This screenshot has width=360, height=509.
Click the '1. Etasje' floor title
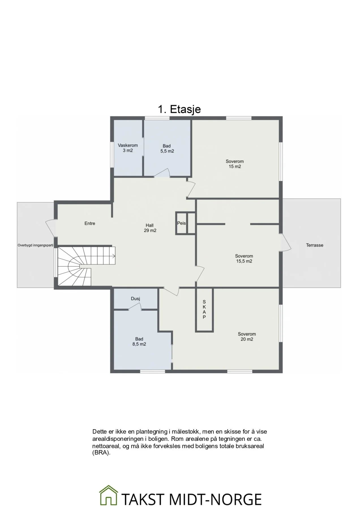[x=179, y=109]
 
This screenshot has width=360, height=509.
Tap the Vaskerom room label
[x=128, y=145]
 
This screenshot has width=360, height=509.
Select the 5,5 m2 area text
[x=167, y=151]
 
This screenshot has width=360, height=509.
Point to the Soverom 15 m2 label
[x=235, y=164]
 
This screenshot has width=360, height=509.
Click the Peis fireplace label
[x=181, y=223]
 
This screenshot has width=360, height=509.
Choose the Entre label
[x=90, y=223]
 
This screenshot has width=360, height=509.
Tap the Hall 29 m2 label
[x=150, y=228]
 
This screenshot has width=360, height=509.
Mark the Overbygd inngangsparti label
[x=35, y=245]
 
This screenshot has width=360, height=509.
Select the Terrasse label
[x=314, y=245]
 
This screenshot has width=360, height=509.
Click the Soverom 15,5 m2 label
[x=244, y=259]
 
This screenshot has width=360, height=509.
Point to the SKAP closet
[x=204, y=310]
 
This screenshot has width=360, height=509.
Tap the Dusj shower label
[x=135, y=299]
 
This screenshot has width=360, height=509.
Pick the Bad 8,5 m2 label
[x=139, y=342]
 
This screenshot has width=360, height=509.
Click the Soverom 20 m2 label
[x=247, y=337]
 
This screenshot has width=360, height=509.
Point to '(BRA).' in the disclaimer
[x=101, y=452]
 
